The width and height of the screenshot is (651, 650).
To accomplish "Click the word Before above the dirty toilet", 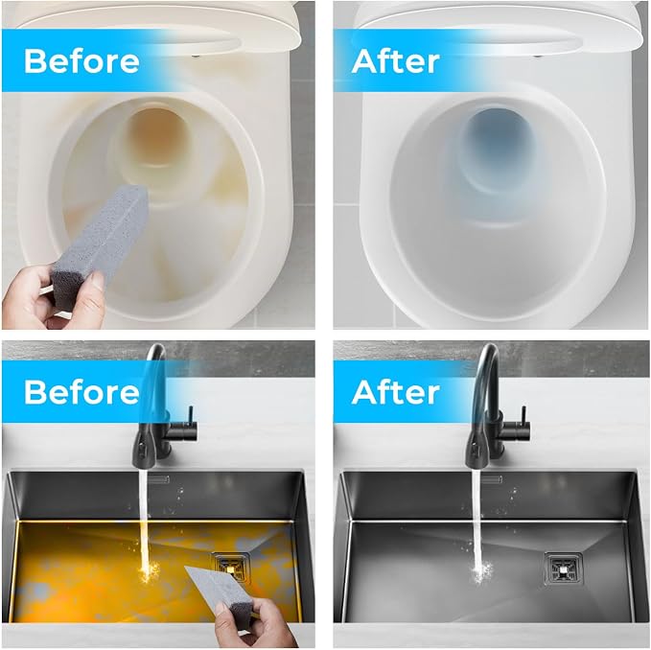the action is [x=81, y=61].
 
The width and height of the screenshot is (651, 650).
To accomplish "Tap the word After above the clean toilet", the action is [x=395, y=61].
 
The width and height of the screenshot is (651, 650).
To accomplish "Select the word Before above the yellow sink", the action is [x=81, y=392].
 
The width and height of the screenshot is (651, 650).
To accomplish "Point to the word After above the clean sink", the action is [x=395, y=392].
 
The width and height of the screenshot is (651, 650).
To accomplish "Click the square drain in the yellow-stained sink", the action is [x=229, y=567].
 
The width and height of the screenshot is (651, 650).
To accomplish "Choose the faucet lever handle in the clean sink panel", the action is [x=523, y=423].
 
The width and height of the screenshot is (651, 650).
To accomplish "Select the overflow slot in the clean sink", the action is [x=493, y=479].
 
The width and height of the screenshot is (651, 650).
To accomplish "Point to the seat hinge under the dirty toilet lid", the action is [x=196, y=55].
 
